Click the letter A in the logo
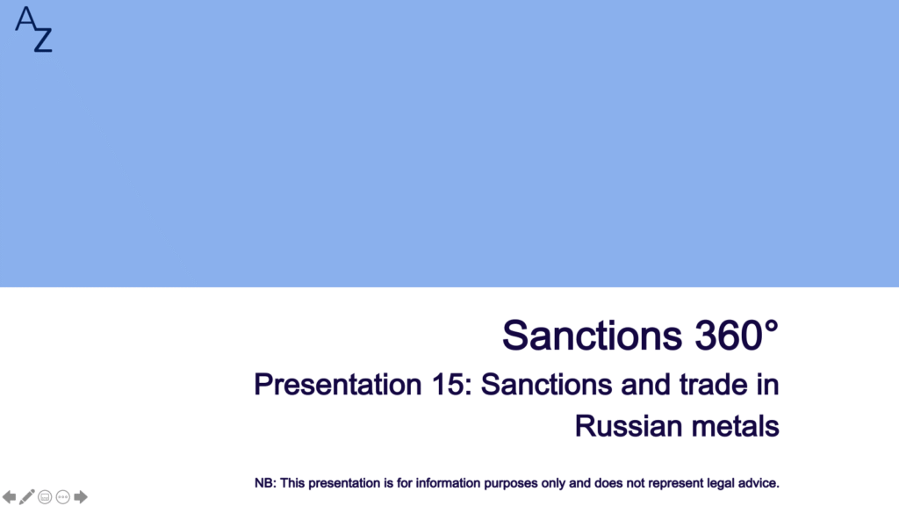[x=25, y=18]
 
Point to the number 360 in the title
[x=728, y=335]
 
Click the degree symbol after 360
[x=771, y=327]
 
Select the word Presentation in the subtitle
[x=338, y=385]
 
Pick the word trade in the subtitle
[x=713, y=385]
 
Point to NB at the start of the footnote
[x=263, y=483]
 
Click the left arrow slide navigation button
[x=9, y=497]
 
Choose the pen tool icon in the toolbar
[x=27, y=497]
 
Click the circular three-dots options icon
[x=63, y=497]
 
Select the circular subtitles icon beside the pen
[x=45, y=497]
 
